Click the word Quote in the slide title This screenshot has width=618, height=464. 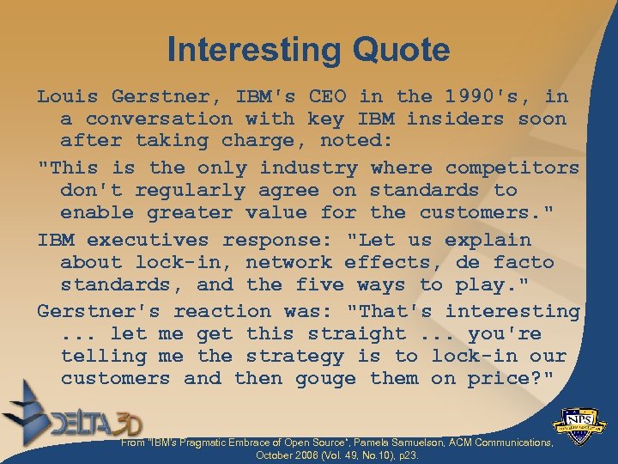(400, 50)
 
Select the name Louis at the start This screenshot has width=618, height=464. (67, 96)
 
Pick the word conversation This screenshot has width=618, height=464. (159, 119)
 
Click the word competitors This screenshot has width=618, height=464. (512, 168)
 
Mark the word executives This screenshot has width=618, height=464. (148, 240)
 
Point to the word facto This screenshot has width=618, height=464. (524, 262)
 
